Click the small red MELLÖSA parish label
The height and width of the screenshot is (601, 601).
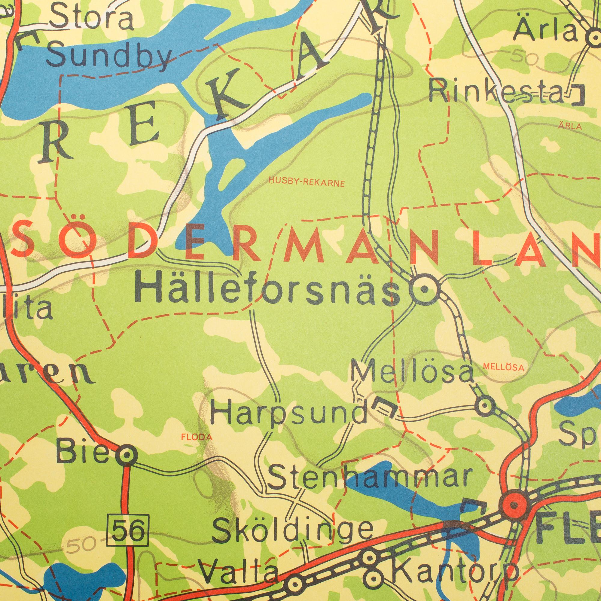(x=503, y=367)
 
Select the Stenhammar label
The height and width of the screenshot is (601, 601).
(x=369, y=476)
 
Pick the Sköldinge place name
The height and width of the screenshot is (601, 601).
(x=292, y=530)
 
